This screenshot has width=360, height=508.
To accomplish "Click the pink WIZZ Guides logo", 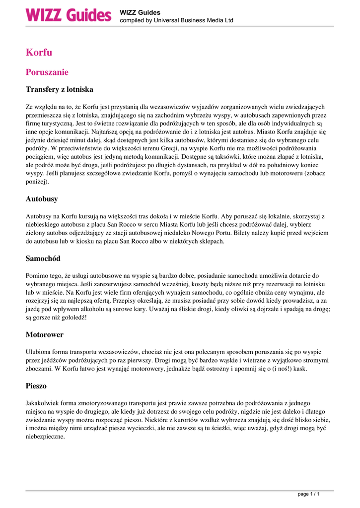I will tap(69, 14).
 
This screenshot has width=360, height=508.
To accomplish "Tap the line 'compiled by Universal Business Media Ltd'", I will tap(176, 20).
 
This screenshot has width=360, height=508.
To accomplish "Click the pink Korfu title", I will tap(39, 53).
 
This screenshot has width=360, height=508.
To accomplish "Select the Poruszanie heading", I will tap(47, 72).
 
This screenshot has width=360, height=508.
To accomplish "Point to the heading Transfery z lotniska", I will tap(59, 90).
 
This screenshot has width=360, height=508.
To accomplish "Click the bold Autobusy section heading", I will tap(42, 199).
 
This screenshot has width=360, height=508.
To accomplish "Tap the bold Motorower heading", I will tap(45, 335).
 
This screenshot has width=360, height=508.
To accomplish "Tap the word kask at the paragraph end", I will tap(299, 369).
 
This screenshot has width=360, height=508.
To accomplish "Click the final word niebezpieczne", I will tap(45, 437).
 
